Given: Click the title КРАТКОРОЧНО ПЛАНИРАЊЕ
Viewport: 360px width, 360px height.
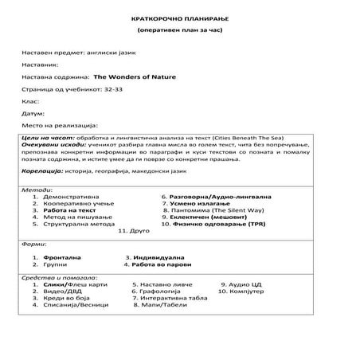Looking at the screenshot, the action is pyautogui.click(x=179, y=18).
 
